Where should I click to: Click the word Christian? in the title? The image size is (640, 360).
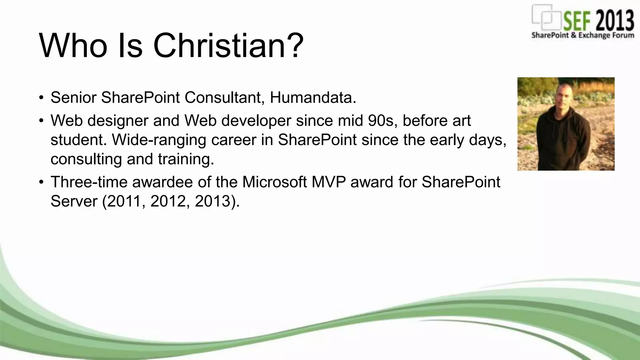pyautogui.click(x=228, y=46)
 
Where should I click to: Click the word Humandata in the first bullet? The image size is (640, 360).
pyautogui.click(x=313, y=97)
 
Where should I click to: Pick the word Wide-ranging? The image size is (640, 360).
pyautogui.click(x=159, y=140)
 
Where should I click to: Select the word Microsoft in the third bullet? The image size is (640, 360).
pyautogui.click(x=274, y=182)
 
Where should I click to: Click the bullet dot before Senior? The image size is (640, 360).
pyautogui.click(x=41, y=98)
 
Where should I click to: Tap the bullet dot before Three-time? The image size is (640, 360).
pyautogui.click(x=41, y=182)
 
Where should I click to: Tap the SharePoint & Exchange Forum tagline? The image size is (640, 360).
pyautogui.click(x=583, y=35)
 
